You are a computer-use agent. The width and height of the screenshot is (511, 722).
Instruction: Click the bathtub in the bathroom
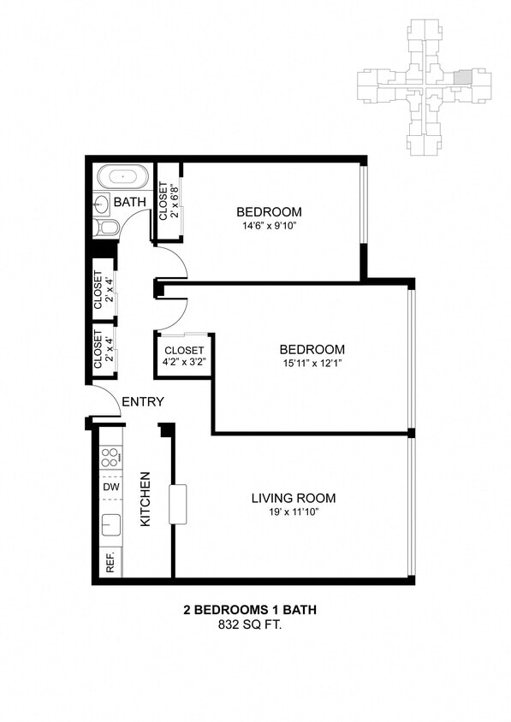tap(122, 177)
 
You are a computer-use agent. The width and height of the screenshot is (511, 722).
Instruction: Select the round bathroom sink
tap(101, 203)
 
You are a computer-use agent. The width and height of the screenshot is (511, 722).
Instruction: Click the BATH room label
tap(130, 202)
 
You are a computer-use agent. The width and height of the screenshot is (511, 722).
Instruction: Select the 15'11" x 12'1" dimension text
tap(312, 364)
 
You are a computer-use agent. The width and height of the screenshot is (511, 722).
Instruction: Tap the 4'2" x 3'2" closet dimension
tap(184, 363)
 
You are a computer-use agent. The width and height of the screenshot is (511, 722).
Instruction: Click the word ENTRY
tap(143, 401)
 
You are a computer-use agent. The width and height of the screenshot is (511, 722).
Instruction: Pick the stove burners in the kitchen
tap(110, 458)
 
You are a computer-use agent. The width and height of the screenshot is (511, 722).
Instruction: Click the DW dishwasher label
tap(110, 487)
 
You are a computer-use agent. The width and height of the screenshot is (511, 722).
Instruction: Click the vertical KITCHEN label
tap(146, 499)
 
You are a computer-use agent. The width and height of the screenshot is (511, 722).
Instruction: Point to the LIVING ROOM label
tap(293, 498)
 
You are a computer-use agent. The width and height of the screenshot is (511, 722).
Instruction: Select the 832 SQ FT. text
tap(255, 625)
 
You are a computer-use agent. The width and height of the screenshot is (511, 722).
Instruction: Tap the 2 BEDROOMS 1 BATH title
tap(255, 611)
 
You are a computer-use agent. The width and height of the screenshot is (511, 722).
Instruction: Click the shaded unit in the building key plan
tap(461, 77)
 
